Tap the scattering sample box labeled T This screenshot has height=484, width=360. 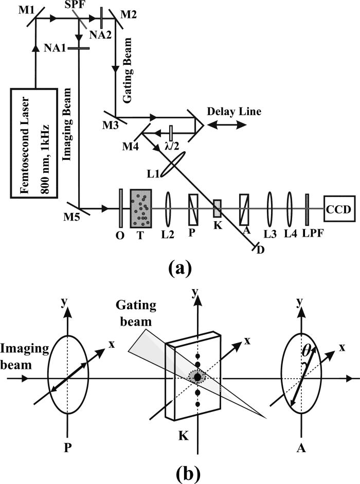click(x=140, y=209)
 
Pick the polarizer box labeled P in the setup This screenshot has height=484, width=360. click(x=193, y=209)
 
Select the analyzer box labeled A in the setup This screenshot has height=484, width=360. click(x=244, y=209)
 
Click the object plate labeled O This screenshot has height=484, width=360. click(x=120, y=209)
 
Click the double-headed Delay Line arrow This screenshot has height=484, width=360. click(x=226, y=124)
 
